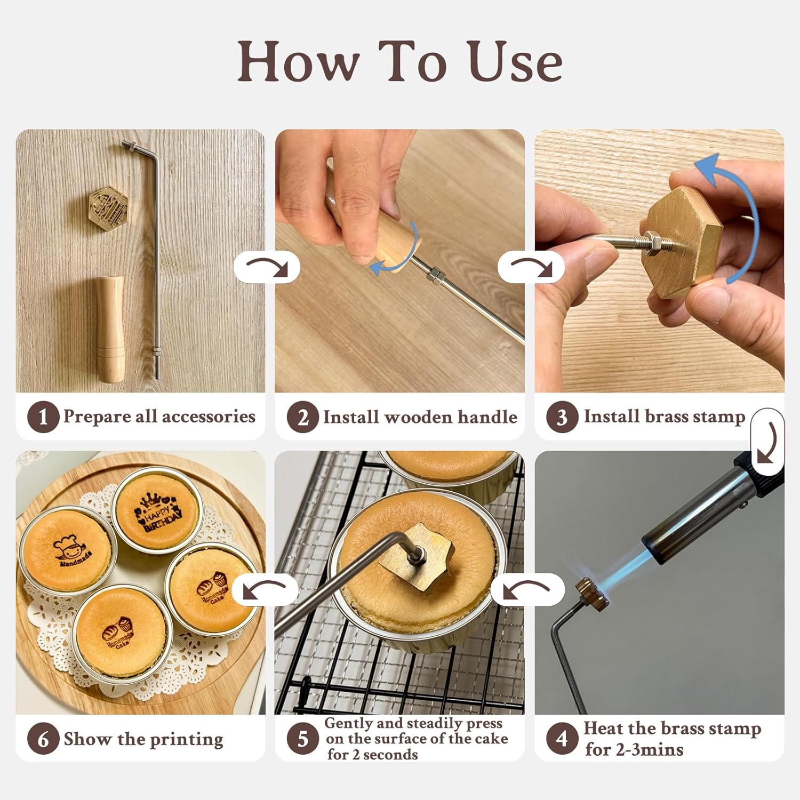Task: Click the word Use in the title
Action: click(516, 62)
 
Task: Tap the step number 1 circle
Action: click(43, 417)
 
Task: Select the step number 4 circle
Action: click(562, 739)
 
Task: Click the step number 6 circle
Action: click(43, 739)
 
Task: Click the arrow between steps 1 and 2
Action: click(267, 267)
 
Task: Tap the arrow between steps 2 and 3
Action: click(531, 267)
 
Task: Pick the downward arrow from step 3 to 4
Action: click(767, 442)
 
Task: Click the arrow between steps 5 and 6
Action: click(265, 589)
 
